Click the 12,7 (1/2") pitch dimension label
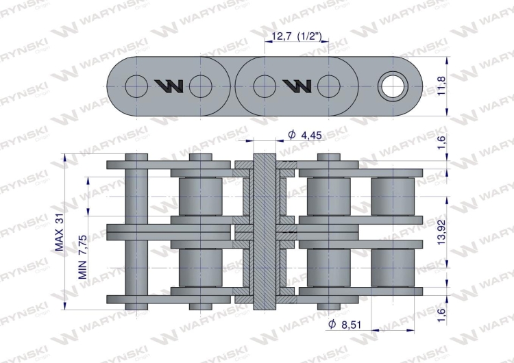(296, 36)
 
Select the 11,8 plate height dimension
(441, 86)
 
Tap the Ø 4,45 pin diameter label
(304, 135)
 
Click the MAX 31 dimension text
(59, 234)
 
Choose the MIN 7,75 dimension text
(83, 257)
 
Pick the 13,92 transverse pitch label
(441, 232)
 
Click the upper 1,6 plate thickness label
(441, 142)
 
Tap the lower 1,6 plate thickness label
(441, 315)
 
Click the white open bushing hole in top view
(393, 86)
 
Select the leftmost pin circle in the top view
(136, 86)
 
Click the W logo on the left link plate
(169, 86)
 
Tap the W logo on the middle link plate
(297, 86)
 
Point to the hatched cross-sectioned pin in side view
(265, 231)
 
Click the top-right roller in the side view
(393, 197)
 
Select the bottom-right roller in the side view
(393, 268)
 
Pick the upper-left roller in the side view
(200, 197)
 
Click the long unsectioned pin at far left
(136, 231)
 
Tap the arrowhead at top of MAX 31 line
(65, 158)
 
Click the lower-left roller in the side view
(200, 268)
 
